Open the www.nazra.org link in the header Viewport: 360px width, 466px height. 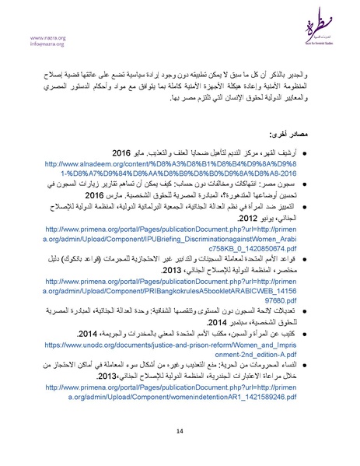pyautogui.click(x=47, y=37)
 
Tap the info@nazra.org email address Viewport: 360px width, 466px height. pyautogui.click(x=48, y=44)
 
